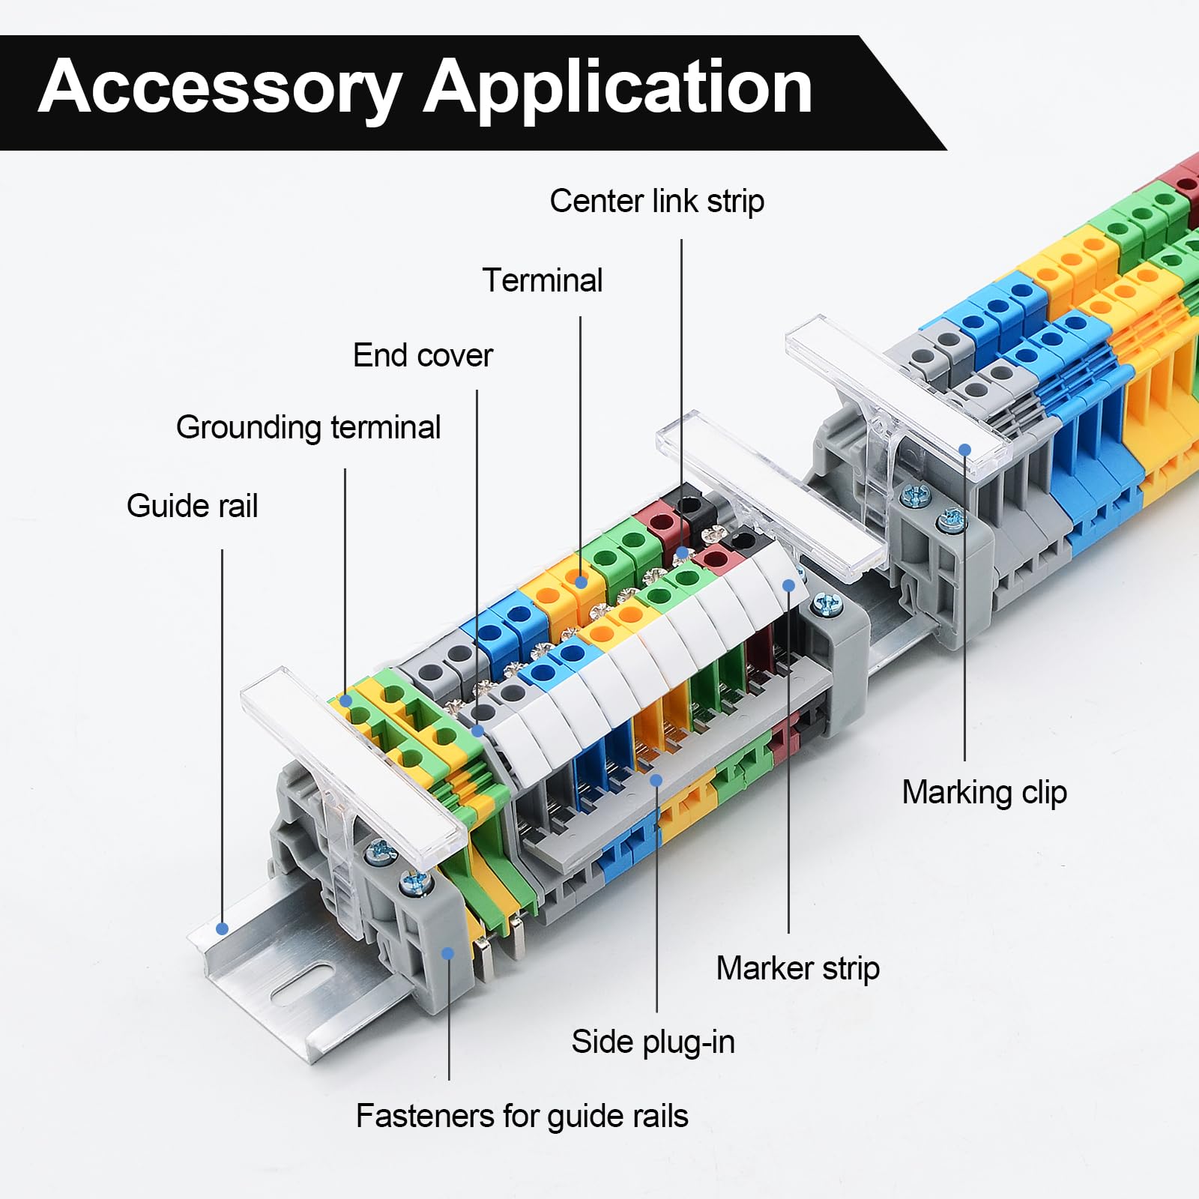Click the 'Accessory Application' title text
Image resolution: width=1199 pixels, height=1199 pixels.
tap(425, 88)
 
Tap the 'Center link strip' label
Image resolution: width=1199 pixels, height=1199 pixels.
tap(656, 202)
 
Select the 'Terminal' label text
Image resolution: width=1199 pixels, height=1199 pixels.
tap(542, 281)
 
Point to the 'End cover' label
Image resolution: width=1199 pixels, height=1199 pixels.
tap(423, 356)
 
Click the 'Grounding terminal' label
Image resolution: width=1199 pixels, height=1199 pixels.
tap(308, 428)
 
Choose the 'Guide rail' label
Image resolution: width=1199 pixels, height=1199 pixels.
tap(192, 506)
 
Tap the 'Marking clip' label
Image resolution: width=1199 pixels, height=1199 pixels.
tap(984, 793)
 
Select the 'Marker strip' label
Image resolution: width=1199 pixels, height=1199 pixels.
tap(797, 968)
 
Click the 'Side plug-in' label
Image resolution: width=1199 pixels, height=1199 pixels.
tap(653, 1042)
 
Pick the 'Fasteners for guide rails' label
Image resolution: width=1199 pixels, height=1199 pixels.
tap(522, 1116)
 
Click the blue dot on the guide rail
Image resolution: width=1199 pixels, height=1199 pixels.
tap(222, 929)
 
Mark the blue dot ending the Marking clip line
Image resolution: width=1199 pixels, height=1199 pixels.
tap(965, 450)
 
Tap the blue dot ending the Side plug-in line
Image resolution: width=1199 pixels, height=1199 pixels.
tap(656, 781)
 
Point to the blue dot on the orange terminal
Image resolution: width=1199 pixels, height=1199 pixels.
tap(581, 582)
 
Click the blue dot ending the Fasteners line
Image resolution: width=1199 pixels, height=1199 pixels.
tap(448, 953)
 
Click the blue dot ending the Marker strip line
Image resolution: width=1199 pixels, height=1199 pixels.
tap(788, 585)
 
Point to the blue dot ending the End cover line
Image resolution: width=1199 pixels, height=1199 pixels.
tap(477, 730)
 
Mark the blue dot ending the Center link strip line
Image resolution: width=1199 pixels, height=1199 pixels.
tap(682, 553)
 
